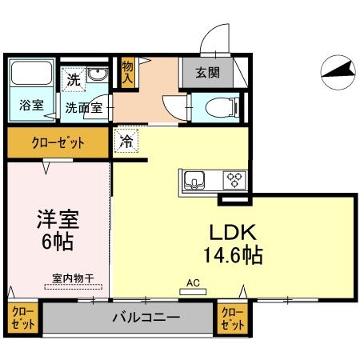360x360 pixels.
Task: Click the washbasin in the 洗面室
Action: (98, 76)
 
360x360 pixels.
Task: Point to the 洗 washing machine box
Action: (74, 80)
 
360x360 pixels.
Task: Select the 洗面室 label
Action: (83, 106)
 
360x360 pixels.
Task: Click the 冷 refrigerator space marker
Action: (126, 140)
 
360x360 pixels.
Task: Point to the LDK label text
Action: (231, 232)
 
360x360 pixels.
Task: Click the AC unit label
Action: (192, 282)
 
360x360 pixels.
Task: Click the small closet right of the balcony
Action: (231, 318)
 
